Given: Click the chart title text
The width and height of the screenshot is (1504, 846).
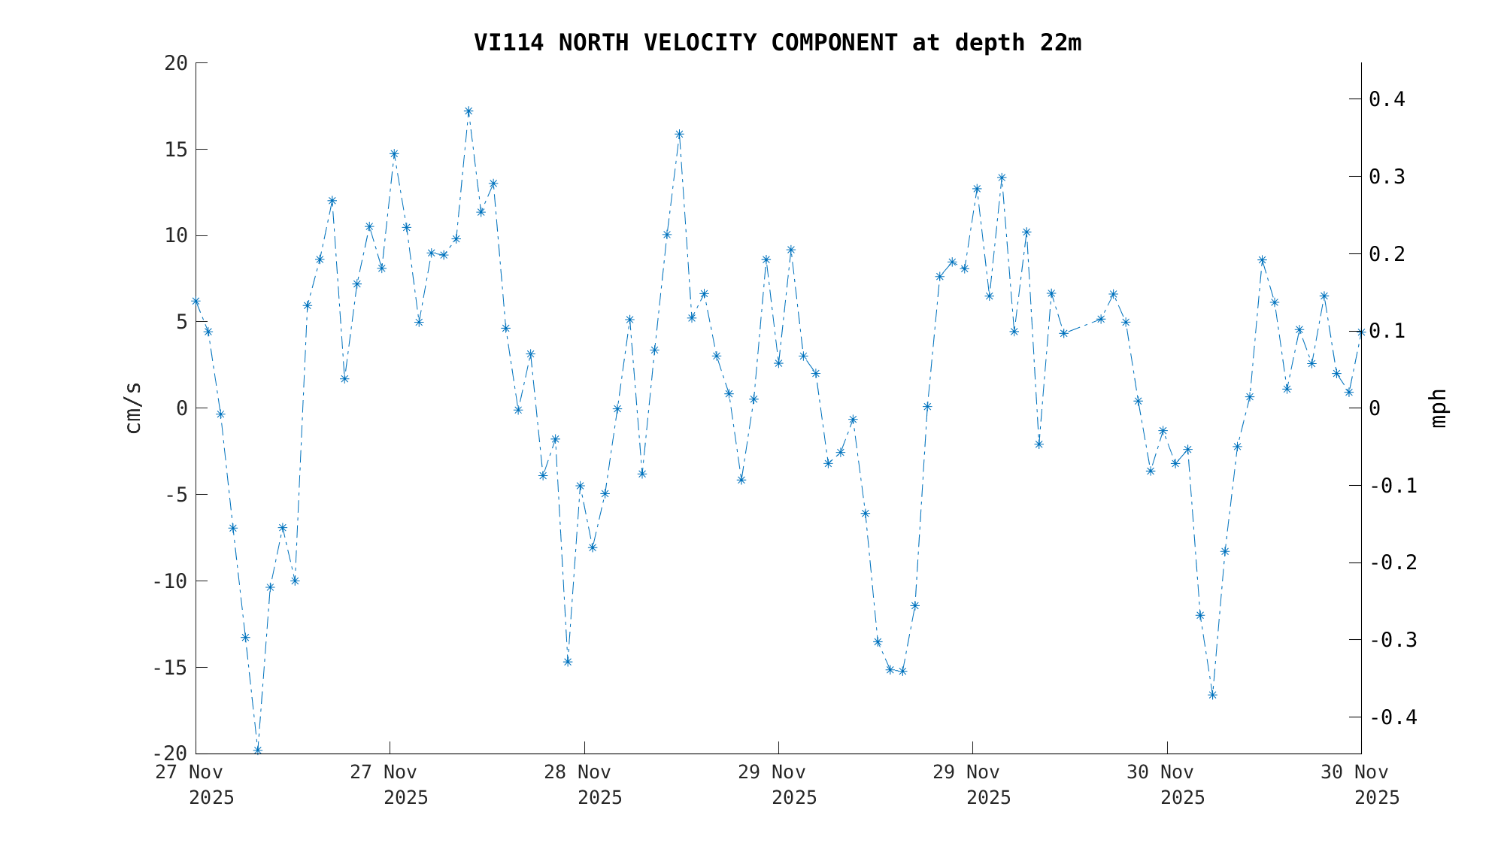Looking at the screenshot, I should tap(777, 43).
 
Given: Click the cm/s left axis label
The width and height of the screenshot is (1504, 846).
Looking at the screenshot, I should tap(133, 408).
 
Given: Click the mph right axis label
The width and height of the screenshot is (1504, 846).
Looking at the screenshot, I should tap(1438, 408).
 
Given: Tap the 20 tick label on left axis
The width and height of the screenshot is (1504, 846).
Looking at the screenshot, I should tap(176, 63).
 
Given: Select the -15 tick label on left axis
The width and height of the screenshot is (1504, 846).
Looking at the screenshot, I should tap(170, 668).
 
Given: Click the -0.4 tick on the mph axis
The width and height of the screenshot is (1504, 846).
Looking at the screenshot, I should tap(1393, 717).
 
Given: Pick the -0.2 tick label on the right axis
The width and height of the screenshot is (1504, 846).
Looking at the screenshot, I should tap(1393, 563).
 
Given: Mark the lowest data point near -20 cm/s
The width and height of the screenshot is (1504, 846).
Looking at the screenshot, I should tap(257, 750).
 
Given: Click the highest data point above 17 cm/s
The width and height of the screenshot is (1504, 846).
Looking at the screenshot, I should tap(468, 111).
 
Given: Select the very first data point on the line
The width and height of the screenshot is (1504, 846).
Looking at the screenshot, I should tap(196, 301).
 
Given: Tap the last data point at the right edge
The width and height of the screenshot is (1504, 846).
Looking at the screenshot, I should tap(1360, 332).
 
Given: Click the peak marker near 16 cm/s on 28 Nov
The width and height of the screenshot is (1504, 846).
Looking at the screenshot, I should tap(679, 135).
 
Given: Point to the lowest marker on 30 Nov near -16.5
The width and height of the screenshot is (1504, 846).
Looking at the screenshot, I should tap(1212, 695).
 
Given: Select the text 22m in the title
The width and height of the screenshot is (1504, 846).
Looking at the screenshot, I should tap(1060, 43).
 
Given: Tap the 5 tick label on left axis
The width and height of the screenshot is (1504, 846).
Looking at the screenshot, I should tap(181, 322).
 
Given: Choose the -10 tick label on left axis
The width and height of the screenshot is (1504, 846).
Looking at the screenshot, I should tap(170, 581).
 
